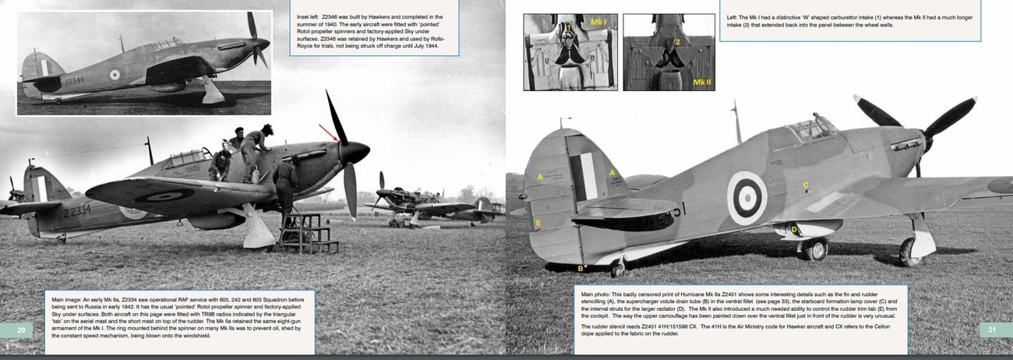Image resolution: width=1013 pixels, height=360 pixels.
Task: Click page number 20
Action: point(21,330)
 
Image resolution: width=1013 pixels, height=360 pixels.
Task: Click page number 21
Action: point(992,330)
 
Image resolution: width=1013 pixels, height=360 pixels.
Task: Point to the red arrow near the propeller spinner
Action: point(330,133)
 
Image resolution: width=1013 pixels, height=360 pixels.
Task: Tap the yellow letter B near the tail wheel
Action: point(580,269)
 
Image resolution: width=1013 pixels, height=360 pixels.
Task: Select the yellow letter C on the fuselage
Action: point(806,185)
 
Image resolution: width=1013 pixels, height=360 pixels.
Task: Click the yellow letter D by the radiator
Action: point(793,229)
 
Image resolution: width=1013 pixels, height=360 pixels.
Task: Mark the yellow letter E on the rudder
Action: point(538,224)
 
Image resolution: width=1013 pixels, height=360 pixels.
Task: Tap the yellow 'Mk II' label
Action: point(701,81)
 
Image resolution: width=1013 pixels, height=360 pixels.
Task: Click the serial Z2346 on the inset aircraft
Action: point(75,79)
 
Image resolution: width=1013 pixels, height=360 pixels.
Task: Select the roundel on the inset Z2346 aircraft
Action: point(115,75)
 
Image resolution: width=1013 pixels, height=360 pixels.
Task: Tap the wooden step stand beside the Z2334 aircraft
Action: point(307,233)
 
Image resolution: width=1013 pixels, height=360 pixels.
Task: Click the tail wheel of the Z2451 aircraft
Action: point(617,269)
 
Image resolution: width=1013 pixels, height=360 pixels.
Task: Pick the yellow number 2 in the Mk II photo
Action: point(677,42)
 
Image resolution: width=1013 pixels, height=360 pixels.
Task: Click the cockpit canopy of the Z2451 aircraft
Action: point(810,128)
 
